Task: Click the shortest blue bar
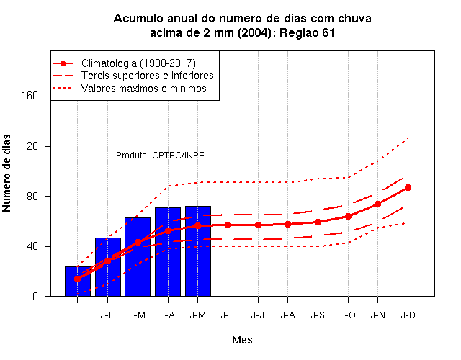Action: (x=78, y=282)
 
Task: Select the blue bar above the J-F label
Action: (x=108, y=267)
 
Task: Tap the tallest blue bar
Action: (x=198, y=251)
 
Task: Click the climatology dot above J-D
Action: (x=408, y=187)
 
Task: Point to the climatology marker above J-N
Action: (x=377, y=204)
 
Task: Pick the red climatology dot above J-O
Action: (x=348, y=216)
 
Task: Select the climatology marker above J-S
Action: (x=318, y=222)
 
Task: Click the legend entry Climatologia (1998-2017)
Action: (x=138, y=63)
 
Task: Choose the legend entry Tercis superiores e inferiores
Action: (x=148, y=76)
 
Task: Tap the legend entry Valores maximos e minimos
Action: (x=144, y=89)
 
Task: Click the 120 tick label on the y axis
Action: (x=30, y=146)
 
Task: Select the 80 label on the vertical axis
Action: (x=32, y=196)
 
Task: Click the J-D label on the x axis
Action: (x=408, y=315)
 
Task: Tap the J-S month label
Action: (x=318, y=315)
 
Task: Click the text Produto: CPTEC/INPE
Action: (x=160, y=156)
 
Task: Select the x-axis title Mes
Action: (x=242, y=340)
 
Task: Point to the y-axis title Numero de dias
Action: (x=6, y=174)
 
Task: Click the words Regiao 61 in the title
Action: (x=307, y=32)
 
